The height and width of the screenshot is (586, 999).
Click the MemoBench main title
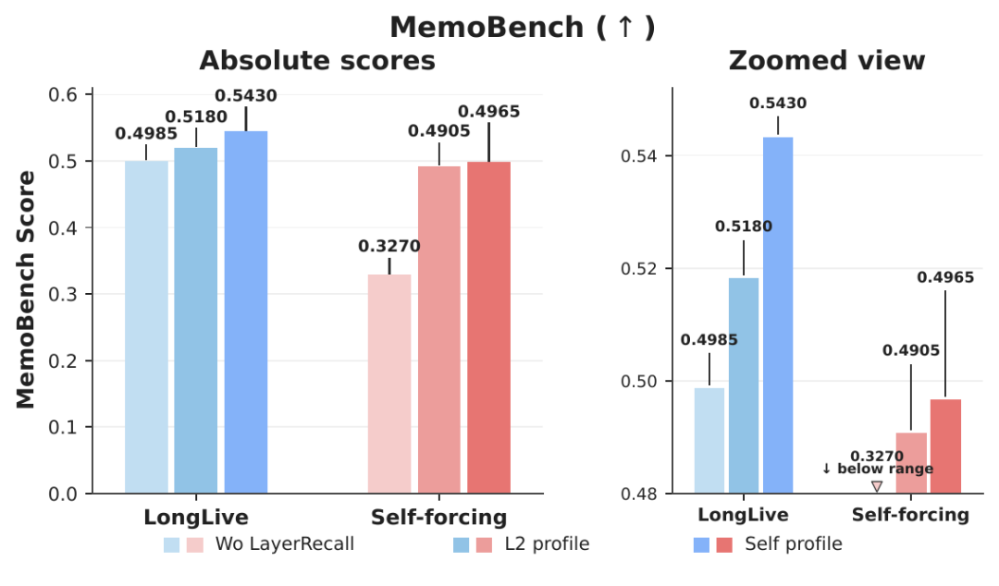[x=523, y=28]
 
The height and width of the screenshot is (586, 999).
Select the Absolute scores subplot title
[x=317, y=60]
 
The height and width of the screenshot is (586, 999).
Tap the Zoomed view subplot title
[x=826, y=60]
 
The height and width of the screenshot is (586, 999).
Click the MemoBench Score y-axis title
[x=26, y=290]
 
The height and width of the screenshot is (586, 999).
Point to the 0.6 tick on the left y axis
[x=63, y=95]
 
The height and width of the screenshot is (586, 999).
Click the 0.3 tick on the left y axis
[x=63, y=294]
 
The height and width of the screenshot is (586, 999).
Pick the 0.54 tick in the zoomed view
[x=639, y=156]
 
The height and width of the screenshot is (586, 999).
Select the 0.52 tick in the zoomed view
[x=639, y=269]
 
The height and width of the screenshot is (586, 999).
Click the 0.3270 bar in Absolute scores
[x=389, y=385]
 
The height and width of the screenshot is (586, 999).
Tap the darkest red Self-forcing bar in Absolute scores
[x=488, y=327]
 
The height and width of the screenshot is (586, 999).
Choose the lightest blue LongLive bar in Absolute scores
[x=146, y=327]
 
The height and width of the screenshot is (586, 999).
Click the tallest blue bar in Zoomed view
[x=778, y=315]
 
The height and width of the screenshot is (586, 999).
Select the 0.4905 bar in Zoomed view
[x=911, y=463]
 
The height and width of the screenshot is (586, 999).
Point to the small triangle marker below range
[x=877, y=486]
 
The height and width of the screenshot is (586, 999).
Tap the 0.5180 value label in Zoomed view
[x=744, y=226]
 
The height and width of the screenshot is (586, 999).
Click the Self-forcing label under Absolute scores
[x=439, y=518]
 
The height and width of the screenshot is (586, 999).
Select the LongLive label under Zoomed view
[x=743, y=515]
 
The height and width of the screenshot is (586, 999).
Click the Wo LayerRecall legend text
[x=285, y=544]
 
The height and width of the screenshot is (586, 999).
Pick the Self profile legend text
[x=794, y=544]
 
